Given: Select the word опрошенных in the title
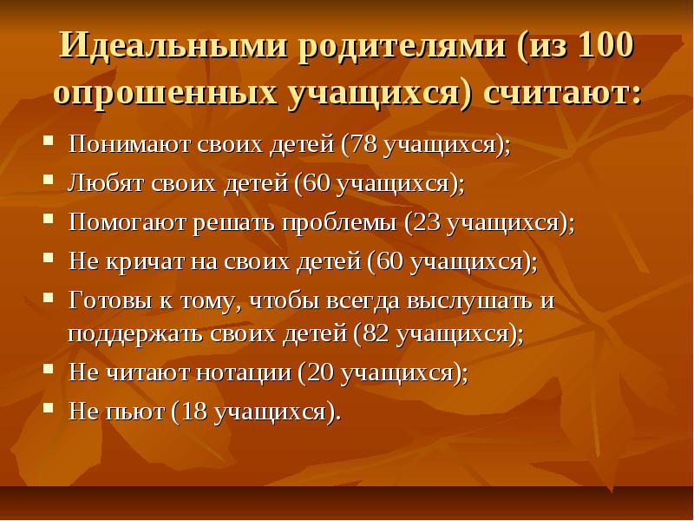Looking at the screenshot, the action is [x=166, y=94].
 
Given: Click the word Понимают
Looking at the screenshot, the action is [x=129, y=144].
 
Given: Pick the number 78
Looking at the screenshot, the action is [x=363, y=144].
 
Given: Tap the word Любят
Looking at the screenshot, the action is [x=106, y=182].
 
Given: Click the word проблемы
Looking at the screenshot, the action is [x=339, y=222].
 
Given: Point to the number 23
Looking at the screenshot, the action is [x=427, y=222].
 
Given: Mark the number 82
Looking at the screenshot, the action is [x=376, y=333].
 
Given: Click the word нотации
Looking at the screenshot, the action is [x=244, y=373].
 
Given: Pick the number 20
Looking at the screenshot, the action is [x=319, y=373].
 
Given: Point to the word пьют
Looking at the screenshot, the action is [x=135, y=412].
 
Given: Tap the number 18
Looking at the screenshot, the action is [x=194, y=411].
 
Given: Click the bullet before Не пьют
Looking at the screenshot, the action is [x=49, y=407].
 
